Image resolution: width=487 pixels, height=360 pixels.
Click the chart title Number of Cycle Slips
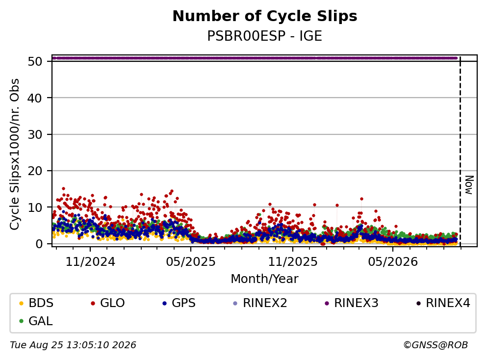(265, 16)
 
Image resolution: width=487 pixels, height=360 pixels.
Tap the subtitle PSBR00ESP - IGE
(265, 36)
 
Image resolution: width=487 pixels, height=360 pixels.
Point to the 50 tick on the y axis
(35, 61)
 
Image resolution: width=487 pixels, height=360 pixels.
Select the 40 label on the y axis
(35, 98)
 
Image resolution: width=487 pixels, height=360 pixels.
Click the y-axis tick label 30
(35, 134)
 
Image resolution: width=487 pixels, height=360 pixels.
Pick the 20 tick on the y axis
(35, 171)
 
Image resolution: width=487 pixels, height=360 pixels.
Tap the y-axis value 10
(35, 207)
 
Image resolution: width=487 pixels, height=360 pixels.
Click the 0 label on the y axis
(39, 244)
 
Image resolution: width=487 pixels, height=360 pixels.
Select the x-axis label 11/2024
(90, 262)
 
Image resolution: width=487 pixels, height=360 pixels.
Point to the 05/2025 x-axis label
(191, 262)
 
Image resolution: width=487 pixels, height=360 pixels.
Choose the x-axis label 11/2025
(293, 262)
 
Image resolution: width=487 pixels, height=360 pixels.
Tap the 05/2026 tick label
(393, 262)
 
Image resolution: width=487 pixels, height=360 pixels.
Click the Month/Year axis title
(265, 279)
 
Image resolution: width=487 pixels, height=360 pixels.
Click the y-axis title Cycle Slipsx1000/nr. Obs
(15, 154)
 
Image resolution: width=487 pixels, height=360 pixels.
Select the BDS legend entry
(36, 303)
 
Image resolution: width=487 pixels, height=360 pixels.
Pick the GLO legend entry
(108, 303)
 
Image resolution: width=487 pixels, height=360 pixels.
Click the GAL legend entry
(36, 321)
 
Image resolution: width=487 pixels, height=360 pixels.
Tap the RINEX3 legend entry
(351, 303)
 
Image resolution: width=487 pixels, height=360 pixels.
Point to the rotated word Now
(469, 185)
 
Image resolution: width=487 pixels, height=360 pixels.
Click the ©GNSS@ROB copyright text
(436, 345)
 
